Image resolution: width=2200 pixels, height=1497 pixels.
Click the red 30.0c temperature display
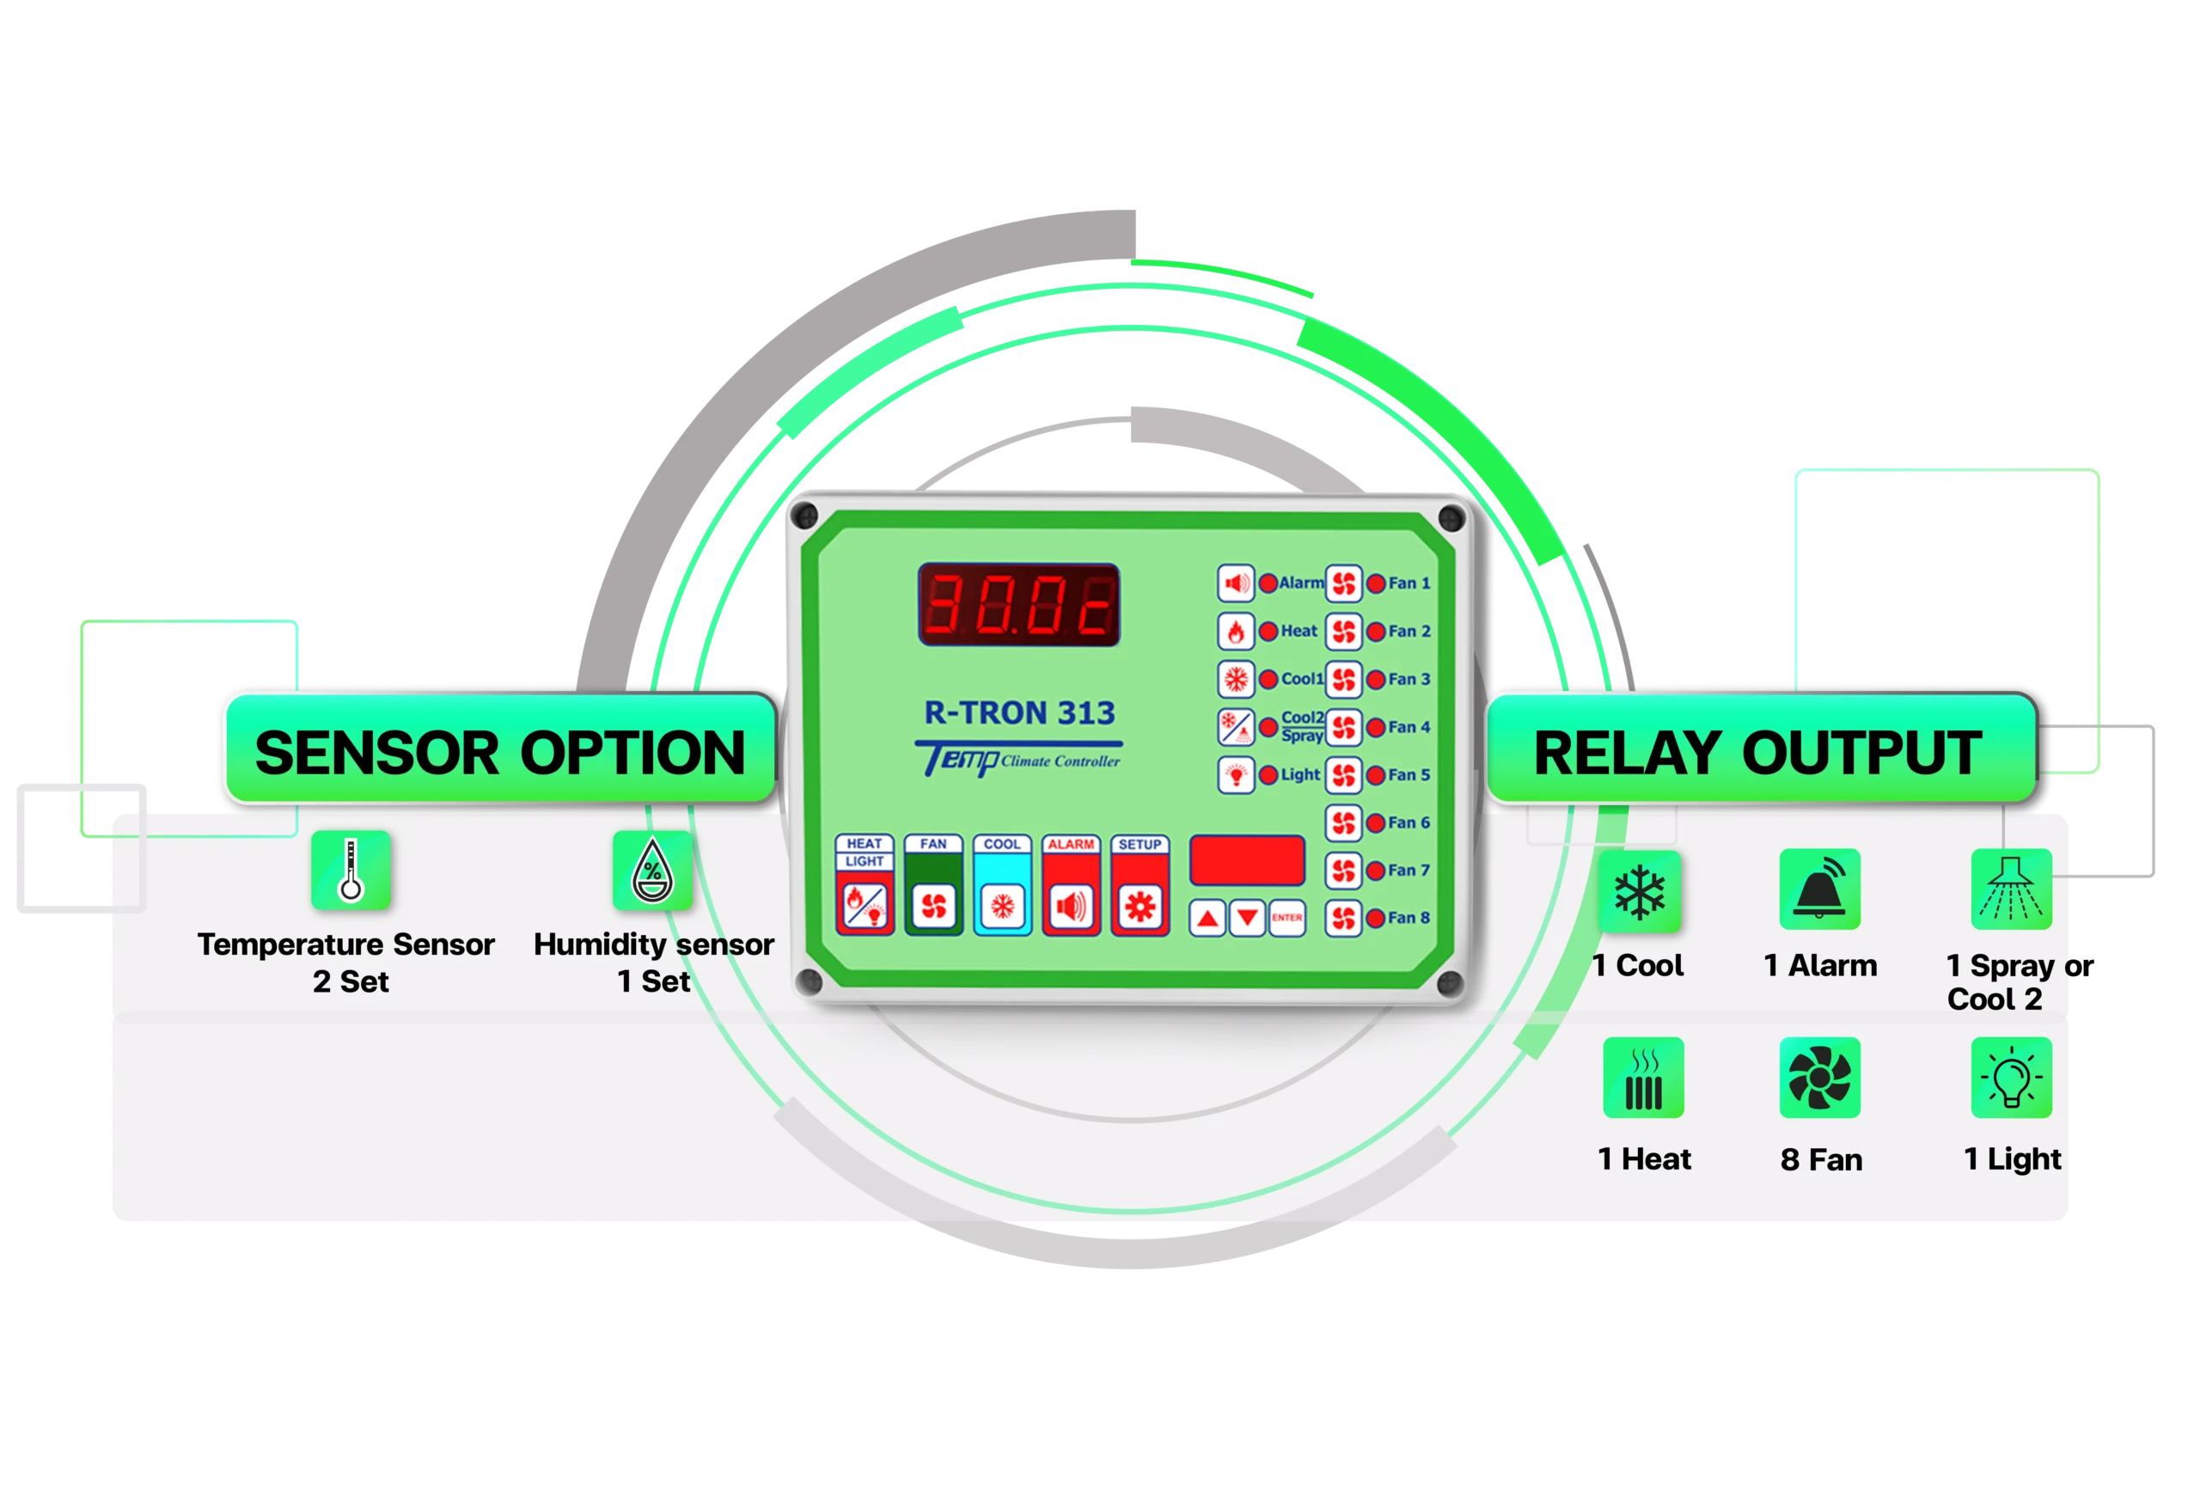(1018, 605)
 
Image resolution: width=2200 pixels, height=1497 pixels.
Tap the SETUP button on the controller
(1140, 906)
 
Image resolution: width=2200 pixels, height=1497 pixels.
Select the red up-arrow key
(1207, 918)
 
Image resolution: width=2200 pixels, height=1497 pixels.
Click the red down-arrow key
(1247, 918)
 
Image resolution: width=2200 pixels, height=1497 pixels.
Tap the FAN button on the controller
(933, 906)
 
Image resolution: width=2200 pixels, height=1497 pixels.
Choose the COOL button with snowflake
(1003, 906)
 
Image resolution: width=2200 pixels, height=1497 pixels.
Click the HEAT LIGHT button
(865, 906)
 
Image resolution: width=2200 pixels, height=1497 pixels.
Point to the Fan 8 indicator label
(1409, 918)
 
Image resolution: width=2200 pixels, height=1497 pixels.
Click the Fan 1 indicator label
(1409, 584)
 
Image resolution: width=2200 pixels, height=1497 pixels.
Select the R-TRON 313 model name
(1019, 712)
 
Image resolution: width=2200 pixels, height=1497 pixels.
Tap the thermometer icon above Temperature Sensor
(351, 869)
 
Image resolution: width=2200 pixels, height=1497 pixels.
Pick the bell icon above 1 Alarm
(1819, 889)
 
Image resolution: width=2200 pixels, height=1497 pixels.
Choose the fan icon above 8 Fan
(1819, 1078)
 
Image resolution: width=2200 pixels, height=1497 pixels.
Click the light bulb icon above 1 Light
(2011, 1078)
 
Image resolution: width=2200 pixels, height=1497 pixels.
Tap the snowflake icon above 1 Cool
(1640, 891)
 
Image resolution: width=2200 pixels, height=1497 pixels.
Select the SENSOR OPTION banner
(500, 752)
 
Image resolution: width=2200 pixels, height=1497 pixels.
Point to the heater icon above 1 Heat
(1643, 1078)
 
